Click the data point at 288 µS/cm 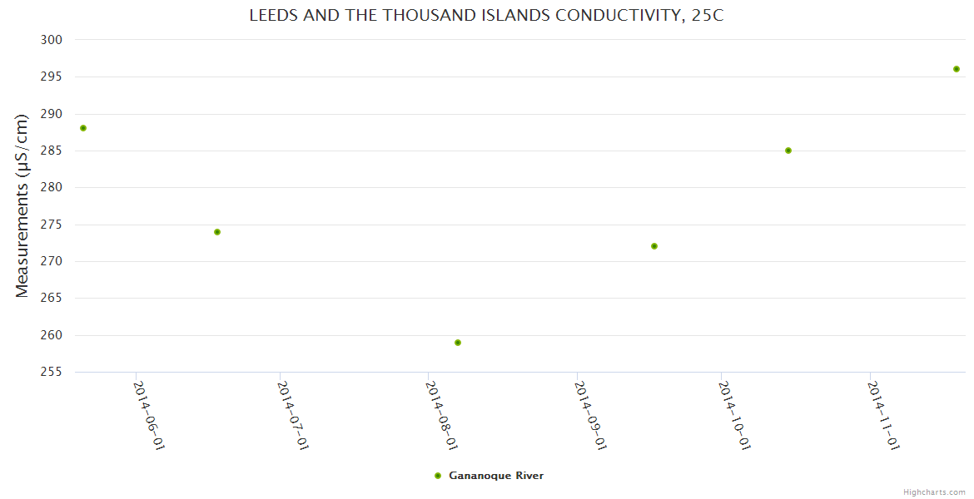83,128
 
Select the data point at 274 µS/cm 217,232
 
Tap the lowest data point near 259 458,343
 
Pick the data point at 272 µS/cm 654,246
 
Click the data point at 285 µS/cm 788,151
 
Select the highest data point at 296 957,69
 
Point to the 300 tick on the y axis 52,40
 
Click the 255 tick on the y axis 52,372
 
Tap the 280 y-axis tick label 52,187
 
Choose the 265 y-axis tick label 52,298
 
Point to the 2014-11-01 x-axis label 883,415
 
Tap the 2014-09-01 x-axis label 590,415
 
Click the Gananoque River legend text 496,476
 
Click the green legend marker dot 438,476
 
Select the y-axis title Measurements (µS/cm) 22,205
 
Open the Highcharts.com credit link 934,492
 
